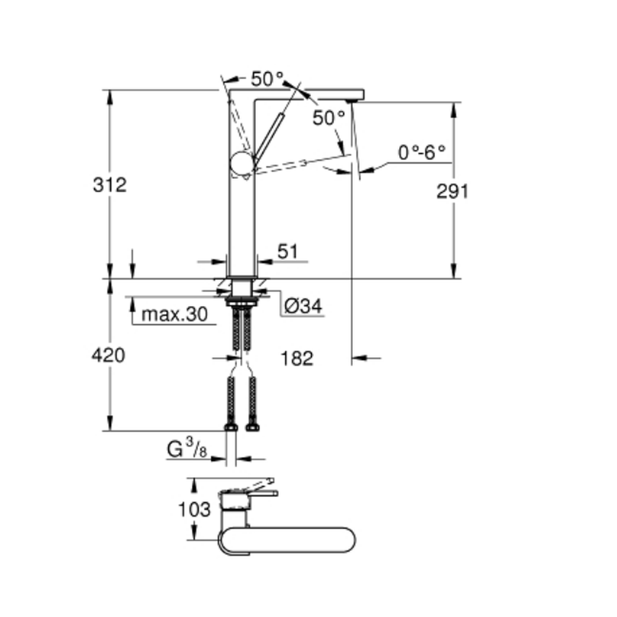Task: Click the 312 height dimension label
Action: tap(110, 185)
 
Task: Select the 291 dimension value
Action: tap(452, 192)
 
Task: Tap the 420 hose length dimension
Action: tap(108, 355)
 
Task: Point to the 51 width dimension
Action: tap(288, 252)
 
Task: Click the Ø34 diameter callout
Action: tap(303, 306)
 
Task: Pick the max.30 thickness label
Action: tap(175, 315)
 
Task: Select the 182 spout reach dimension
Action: tap(297, 358)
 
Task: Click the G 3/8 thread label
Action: tap(187, 449)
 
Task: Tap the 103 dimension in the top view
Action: tap(194, 510)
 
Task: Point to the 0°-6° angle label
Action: tap(421, 152)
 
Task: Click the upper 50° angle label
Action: tap(267, 79)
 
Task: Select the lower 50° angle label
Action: tap(329, 118)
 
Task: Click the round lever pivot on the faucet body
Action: tap(242, 163)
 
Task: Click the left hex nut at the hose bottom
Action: tap(231, 428)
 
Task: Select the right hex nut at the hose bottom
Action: tap(252, 428)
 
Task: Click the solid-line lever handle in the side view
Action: tap(268, 138)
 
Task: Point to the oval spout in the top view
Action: tap(288, 540)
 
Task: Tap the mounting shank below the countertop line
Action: tap(242, 288)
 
